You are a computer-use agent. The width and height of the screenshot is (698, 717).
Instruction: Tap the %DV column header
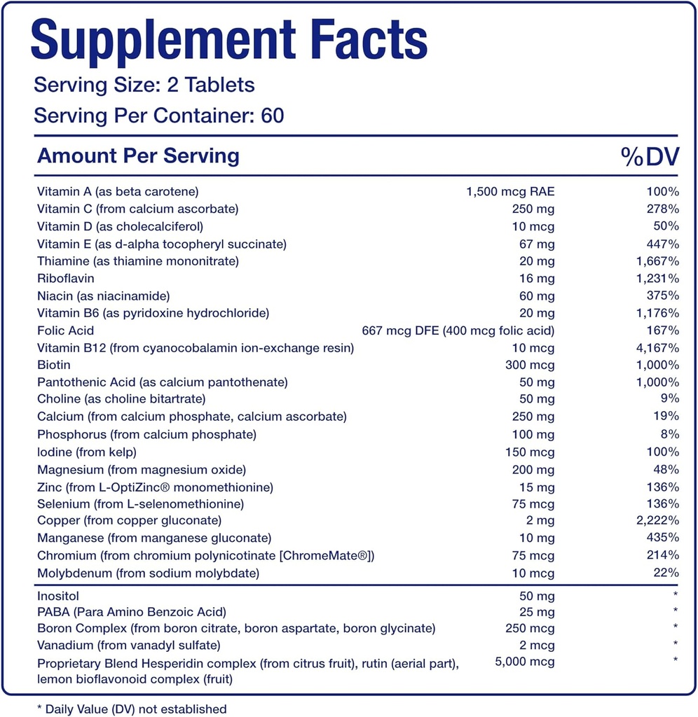point(650,157)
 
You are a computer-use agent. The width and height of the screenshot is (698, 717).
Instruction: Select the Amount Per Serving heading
point(138,155)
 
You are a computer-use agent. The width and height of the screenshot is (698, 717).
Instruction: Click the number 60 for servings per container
point(271,116)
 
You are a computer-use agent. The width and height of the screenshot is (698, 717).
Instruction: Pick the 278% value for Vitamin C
point(663,209)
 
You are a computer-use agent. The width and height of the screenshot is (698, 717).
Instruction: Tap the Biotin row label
point(54,365)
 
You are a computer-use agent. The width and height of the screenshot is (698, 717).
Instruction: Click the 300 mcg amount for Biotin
point(530,365)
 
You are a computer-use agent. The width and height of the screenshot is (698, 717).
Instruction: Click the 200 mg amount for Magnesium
point(531,469)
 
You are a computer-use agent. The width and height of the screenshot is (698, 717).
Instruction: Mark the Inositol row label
point(60,597)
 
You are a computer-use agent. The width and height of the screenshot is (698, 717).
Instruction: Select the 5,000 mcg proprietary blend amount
point(524,662)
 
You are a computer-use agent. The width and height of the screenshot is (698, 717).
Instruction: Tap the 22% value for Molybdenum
point(666,573)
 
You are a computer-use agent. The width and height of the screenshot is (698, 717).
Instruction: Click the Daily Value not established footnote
point(132,709)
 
